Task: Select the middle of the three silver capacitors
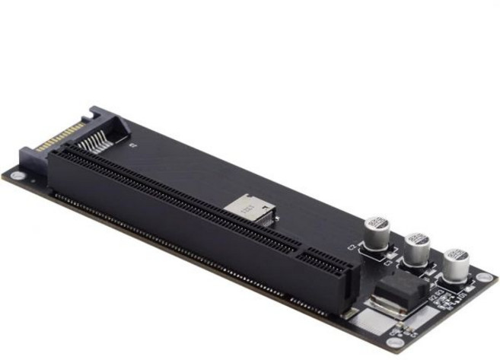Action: [416, 248]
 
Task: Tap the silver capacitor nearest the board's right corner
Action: [456, 264]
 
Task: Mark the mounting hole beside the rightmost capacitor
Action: [482, 277]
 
